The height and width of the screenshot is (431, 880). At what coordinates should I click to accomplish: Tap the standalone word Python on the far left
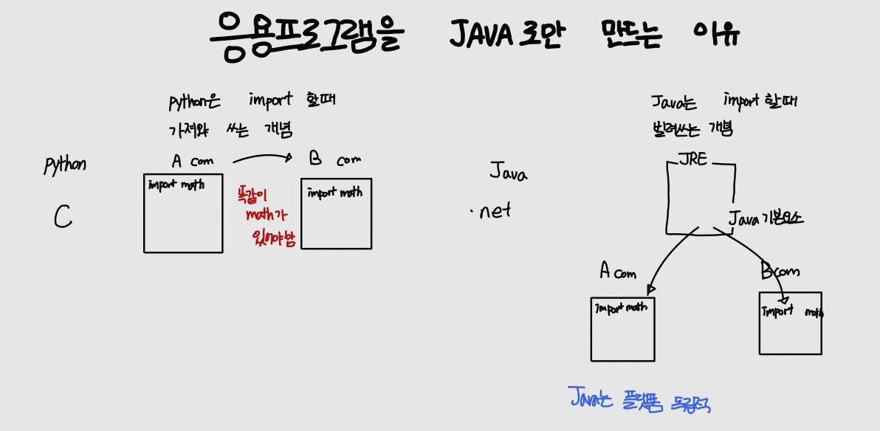(65, 164)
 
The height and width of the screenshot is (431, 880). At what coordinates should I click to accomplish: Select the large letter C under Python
(63, 217)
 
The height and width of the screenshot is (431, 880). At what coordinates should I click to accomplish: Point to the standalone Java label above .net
(508, 173)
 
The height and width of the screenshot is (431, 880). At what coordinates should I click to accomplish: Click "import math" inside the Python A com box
(176, 185)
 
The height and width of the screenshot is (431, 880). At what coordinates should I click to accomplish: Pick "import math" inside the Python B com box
(335, 193)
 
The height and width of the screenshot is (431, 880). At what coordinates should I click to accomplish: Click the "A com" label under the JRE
(617, 272)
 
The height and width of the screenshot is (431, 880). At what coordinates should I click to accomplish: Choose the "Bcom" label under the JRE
(780, 272)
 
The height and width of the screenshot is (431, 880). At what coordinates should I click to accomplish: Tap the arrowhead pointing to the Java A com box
(650, 289)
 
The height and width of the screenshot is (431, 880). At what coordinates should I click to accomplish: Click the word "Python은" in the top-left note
(194, 102)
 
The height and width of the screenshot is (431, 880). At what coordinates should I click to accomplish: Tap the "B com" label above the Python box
(335, 159)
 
